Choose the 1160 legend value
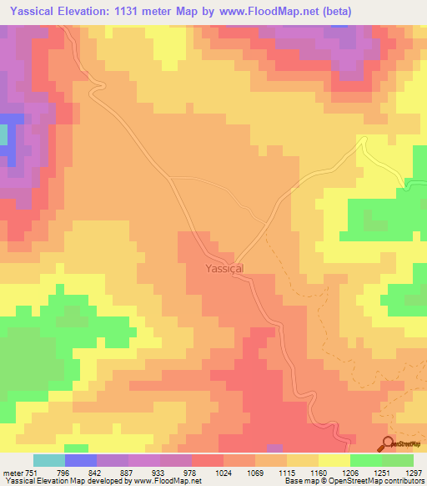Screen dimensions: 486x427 point(317,472)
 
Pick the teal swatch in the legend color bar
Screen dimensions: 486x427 point(49,460)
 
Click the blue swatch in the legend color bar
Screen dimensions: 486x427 point(81,460)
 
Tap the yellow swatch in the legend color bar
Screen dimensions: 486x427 point(334,460)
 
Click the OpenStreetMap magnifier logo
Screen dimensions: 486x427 point(389,443)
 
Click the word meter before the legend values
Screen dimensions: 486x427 point(13,472)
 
